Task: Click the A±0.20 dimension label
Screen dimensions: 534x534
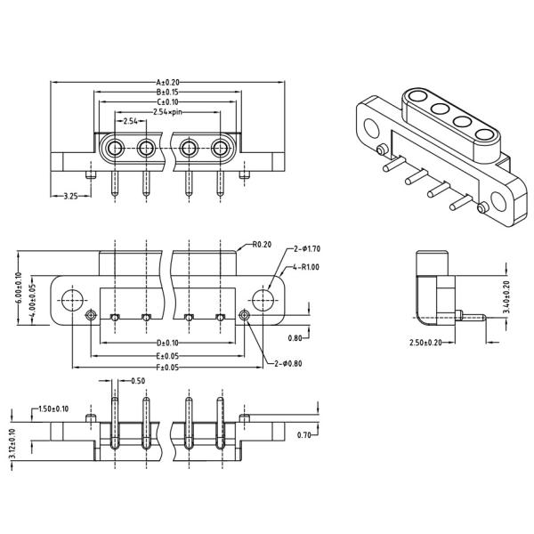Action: [x=167, y=82]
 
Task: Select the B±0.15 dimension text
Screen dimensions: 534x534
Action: [x=167, y=92]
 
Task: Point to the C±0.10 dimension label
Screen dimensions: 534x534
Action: [x=167, y=102]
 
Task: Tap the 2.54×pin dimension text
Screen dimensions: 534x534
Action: [x=168, y=112]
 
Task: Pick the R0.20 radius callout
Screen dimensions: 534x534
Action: [x=262, y=244]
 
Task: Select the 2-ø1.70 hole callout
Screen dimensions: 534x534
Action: [x=307, y=251]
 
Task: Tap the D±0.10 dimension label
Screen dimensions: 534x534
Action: [x=167, y=343]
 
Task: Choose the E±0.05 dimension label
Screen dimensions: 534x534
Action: [x=167, y=355]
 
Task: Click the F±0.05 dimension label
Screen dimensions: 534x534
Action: [x=167, y=367]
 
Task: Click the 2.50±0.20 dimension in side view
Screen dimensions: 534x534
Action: [x=426, y=343]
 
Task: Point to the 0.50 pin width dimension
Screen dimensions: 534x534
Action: [x=138, y=382]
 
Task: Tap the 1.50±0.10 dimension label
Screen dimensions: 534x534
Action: [x=54, y=409]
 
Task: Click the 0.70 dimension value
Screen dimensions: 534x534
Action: [x=304, y=435]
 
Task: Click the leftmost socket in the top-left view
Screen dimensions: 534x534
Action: [x=115, y=147]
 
